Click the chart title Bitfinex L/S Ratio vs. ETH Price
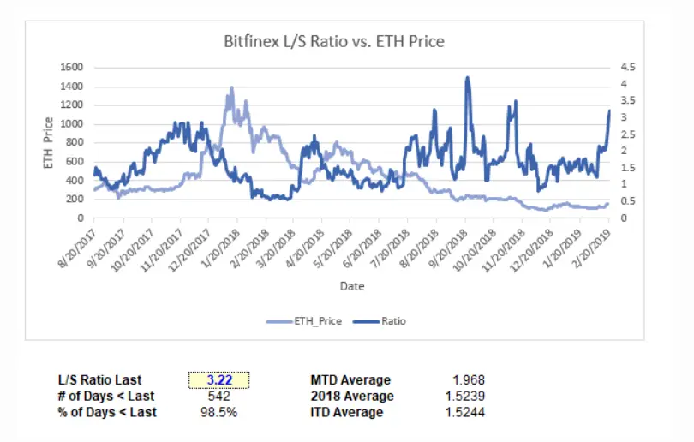[334, 41]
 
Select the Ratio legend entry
[380, 321]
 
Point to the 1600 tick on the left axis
[72, 67]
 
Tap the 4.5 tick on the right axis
[629, 67]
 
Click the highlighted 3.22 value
[219, 380]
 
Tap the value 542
[219, 396]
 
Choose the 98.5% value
[219, 412]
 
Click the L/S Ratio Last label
[99, 380]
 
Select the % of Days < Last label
[106, 412]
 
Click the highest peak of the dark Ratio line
[467, 78]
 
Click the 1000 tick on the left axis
[72, 123]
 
